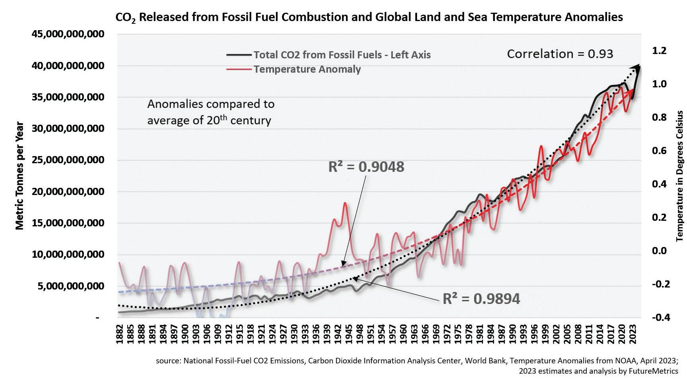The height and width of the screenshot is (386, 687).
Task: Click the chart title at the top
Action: click(x=369, y=17)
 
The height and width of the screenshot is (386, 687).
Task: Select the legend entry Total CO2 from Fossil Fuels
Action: click(x=342, y=55)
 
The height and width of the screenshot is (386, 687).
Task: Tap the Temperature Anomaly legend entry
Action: click(x=307, y=69)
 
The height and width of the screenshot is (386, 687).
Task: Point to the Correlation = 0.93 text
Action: click(x=560, y=54)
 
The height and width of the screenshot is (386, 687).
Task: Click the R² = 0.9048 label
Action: click(x=366, y=167)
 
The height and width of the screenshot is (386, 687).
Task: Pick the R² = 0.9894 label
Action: click(x=481, y=299)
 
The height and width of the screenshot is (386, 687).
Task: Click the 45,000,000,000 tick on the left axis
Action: click(x=68, y=34)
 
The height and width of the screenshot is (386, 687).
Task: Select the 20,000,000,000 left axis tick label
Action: click(x=68, y=192)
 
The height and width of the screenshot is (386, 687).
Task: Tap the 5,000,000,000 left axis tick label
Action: click(x=71, y=286)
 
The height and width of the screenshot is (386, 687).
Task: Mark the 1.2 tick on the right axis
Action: click(x=659, y=50)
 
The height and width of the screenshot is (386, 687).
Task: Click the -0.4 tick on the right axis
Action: click(x=660, y=317)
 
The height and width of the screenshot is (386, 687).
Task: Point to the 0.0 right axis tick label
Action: click(x=659, y=251)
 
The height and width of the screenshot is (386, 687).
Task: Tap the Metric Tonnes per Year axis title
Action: click(x=20, y=176)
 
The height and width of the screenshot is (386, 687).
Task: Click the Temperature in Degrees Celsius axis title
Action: click(x=679, y=176)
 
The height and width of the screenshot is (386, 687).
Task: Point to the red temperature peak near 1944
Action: click(x=345, y=203)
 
